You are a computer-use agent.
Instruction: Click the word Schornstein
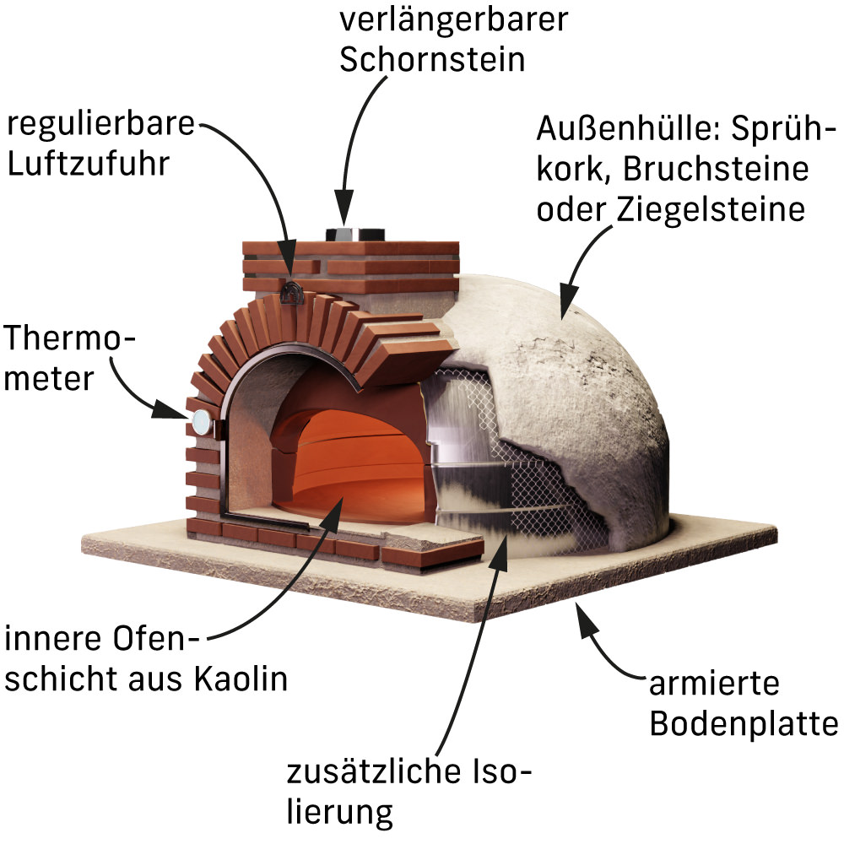(x=432, y=59)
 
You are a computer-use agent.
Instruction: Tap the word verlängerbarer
(x=453, y=20)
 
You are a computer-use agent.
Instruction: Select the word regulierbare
(x=100, y=125)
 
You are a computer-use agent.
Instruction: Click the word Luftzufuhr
(x=89, y=163)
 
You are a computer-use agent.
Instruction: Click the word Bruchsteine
(x=716, y=169)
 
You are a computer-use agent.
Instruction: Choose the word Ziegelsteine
(x=711, y=208)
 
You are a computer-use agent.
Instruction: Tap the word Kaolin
(x=241, y=679)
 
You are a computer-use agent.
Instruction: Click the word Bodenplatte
(x=744, y=723)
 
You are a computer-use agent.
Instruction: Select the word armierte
(x=714, y=684)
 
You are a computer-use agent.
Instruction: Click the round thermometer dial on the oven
(x=202, y=421)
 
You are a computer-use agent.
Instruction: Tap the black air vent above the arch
(x=291, y=294)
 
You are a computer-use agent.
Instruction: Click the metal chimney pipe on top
(x=354, y=235)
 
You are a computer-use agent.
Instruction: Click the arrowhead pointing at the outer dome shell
(x=568, y=301)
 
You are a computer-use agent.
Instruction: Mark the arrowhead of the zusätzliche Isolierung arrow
(x=500, y=552)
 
